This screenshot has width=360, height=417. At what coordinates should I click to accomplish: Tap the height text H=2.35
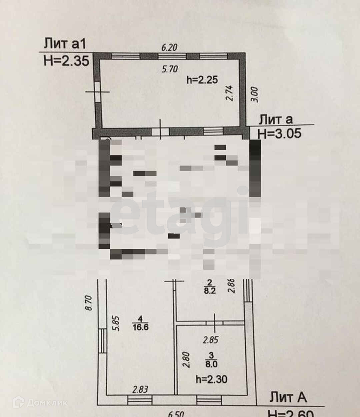[66, 61]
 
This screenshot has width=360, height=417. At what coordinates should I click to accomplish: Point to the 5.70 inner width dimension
[170, 69]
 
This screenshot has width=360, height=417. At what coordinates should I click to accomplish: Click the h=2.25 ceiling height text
[202, 80]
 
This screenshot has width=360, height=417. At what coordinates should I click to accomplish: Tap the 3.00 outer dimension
[254, 94]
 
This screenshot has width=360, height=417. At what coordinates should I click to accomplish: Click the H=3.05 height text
[280, 134]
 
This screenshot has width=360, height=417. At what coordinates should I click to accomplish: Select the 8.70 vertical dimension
[89, 303]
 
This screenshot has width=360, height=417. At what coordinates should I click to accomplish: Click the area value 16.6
[140, 327]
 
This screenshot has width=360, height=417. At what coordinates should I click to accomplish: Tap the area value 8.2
[210, 290]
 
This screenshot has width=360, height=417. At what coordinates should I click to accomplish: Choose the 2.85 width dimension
[211, 340]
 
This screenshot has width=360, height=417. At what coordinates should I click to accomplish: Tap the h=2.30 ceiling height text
[212, 379]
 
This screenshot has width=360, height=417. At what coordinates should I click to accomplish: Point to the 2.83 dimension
[140, 389]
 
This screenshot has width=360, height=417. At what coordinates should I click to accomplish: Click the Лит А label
[288, 397]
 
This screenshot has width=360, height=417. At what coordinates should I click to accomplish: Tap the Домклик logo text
[47, 403]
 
